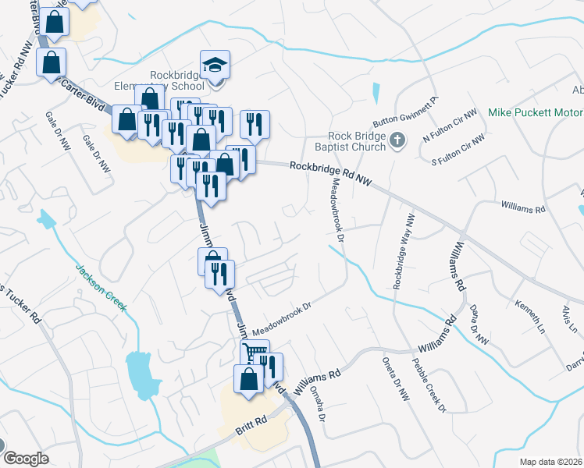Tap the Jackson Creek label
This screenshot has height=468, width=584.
(101, 289)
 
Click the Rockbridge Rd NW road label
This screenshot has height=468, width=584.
(329, 173)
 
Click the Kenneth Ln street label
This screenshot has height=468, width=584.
(530, 311)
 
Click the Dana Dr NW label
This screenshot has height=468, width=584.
(478, 322)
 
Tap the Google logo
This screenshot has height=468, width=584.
(27, 459)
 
